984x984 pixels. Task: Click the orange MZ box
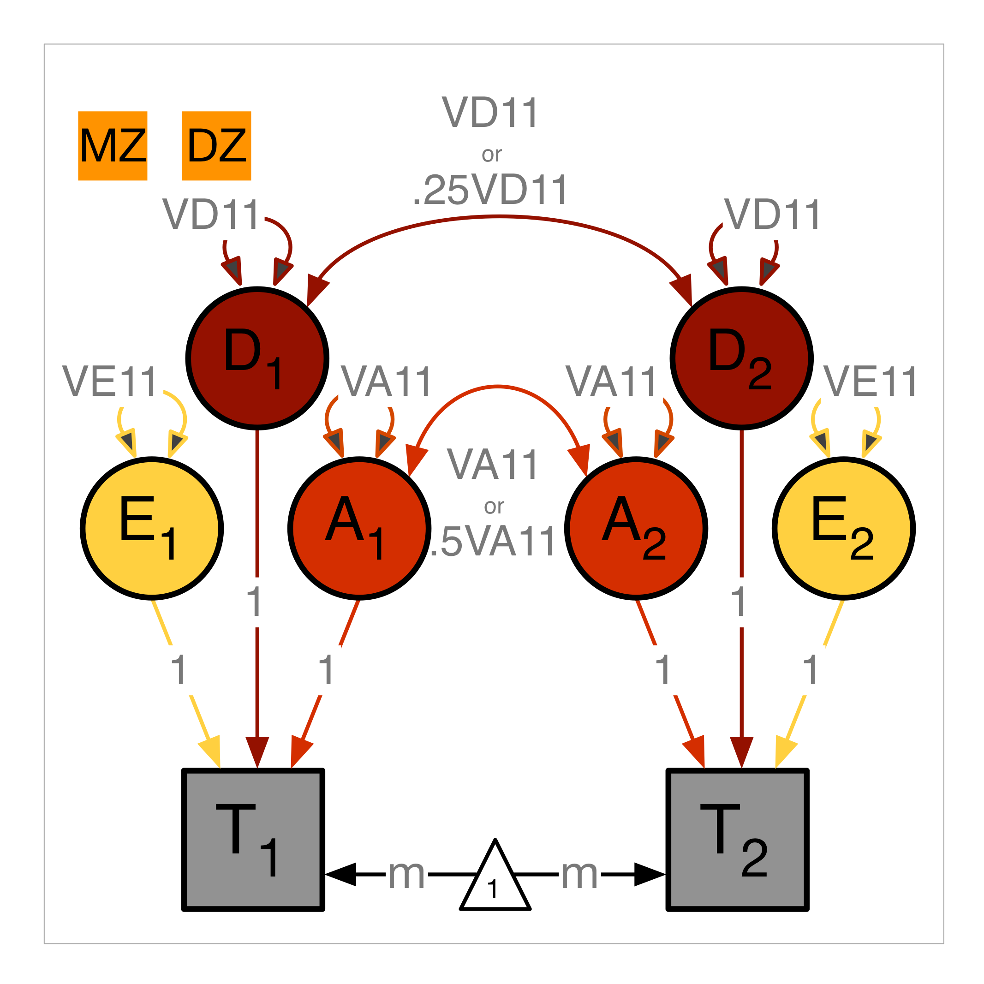tap(113, 146)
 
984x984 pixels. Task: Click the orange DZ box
tap(216, 146)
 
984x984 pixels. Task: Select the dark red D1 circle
tap(257, 358)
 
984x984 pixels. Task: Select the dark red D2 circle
tap(741, 358)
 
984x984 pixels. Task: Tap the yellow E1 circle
tap(152, 529)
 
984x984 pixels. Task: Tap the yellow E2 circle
tap(844, 529)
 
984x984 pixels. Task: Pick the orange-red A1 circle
tap(359, 529)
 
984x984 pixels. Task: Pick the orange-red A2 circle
tap(636, 529)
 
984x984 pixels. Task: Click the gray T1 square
tap(253, 839)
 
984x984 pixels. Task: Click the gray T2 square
tap(738, 839)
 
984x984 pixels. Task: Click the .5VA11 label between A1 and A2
tap(493, 542)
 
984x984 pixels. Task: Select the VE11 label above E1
tap(109, 382)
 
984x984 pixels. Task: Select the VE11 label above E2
tap(871, 382)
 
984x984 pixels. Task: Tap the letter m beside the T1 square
tap(406, 875)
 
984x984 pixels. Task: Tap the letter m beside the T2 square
tap(579, 875)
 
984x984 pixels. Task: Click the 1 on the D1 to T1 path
tap(254, 602)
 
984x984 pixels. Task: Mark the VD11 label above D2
tap(772, 215)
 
